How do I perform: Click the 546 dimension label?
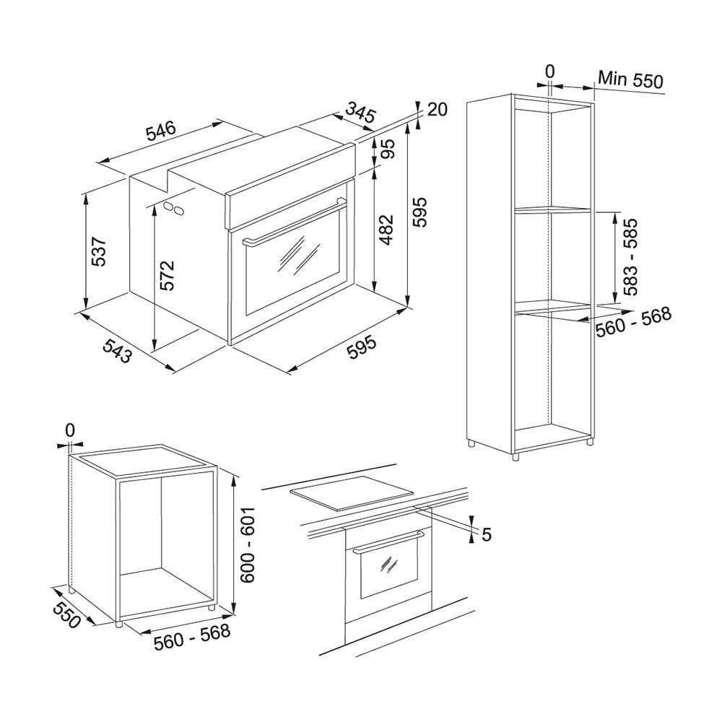click(161, 130)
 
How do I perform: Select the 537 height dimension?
click(100, 251)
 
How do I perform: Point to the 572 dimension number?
click(167, 275)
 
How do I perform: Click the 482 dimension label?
click(386, 230)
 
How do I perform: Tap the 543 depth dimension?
click(117, 350)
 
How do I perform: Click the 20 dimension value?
click(437, 110)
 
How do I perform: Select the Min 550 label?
click(630, 79)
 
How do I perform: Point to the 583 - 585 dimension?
click(630, 256)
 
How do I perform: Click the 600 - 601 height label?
click(248, 546)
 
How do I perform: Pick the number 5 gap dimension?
click(487, 534)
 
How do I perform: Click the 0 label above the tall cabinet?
click(549, 71)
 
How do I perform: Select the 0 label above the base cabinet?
click(69, 430)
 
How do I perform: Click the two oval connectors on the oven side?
click(173, 207)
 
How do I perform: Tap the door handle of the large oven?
click(295, 222)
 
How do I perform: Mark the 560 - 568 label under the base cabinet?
click(191, 636)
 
